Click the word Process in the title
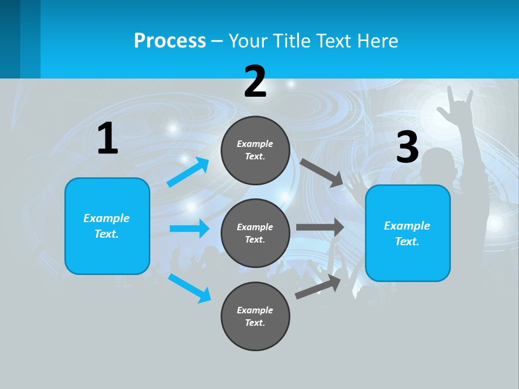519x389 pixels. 170,41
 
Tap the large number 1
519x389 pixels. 108,139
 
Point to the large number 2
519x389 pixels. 255,82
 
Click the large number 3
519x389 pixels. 407,147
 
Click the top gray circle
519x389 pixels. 255,150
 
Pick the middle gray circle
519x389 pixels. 255,233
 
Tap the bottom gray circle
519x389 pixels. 255,316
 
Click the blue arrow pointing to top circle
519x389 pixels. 188,172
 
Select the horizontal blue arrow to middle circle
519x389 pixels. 189,229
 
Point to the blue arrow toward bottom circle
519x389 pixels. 189,287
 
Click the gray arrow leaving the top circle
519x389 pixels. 321,172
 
